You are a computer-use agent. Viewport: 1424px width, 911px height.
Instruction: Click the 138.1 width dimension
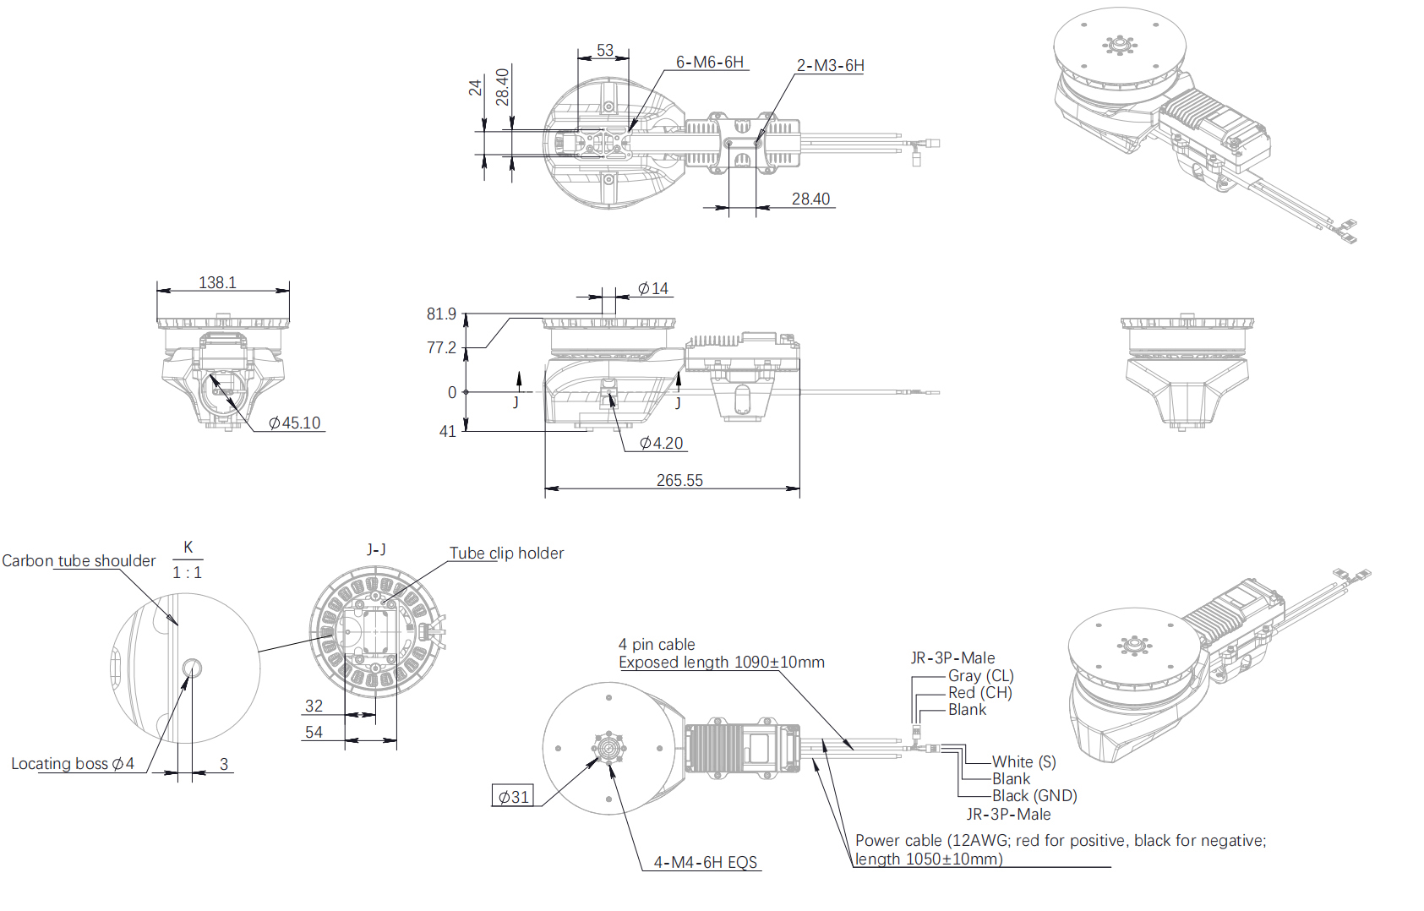click(217, 282)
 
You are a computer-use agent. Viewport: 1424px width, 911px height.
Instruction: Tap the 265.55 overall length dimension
click(679, 480)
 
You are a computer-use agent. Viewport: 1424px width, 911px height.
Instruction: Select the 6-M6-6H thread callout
click(709, 62)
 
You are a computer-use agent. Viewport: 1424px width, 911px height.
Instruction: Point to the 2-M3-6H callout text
click(830, 65)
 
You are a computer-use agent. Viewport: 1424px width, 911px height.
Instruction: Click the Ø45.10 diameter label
click(294, 423)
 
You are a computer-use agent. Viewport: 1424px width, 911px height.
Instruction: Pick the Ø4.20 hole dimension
click(661, 443)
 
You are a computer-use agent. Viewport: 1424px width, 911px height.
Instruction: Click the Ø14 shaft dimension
click(653, 289)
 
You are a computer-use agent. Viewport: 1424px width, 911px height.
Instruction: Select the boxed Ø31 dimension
click(513, 797)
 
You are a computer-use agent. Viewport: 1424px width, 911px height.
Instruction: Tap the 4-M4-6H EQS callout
click(706, 862)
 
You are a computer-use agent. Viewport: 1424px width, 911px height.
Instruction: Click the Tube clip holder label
click(507, 553)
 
